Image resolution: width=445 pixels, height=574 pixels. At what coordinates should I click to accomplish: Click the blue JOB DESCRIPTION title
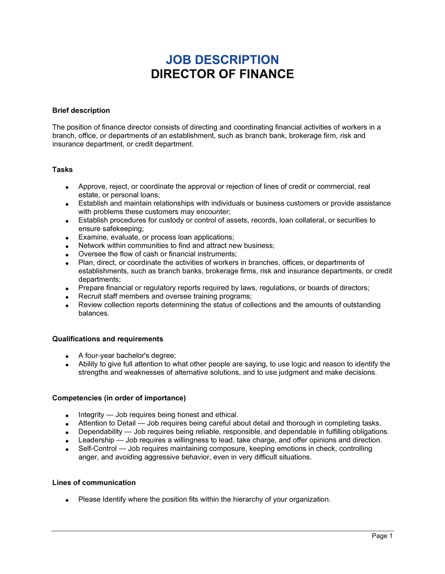pyautogui.click(x=222, y=60)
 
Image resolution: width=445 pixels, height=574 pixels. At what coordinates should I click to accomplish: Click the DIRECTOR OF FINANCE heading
pyautogui.click(x=222, y=74)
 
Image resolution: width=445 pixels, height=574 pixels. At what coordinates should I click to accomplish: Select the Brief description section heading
pyautogui.click(x=81, y=110)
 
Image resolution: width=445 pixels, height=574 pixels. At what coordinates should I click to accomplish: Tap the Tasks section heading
pyautogui.click(x=62, y=170)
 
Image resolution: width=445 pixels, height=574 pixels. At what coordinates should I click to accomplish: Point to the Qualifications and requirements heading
pyautogui.click(x=108, y=339)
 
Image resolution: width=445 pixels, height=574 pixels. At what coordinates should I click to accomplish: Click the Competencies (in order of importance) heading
pyautogui.click(x=119, y=398)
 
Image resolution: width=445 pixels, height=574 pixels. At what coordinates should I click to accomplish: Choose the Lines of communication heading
pyautogui.click(x=94, y=482)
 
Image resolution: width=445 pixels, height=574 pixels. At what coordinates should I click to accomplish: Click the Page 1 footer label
pyautogui.click(x=382, y=536)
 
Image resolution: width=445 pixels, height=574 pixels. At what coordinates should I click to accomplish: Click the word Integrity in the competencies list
pyautogui.click(x=91, y=415)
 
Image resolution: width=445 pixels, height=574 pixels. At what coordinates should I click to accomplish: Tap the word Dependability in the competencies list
pyautogui.click(x=100, y=432)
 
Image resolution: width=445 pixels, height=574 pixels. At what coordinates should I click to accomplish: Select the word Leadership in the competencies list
pyautogui.click(x=96, y=440)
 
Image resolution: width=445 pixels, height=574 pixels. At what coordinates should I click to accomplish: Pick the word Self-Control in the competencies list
pyautogui.click(x=97, y=449)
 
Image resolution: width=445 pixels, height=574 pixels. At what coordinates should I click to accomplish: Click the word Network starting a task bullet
pyautogui.click(x=92, y=246)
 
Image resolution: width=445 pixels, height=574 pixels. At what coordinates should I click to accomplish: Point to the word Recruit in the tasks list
pyautogui.click(x=91, y=296)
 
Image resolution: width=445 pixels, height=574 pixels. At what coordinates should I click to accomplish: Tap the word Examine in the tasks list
pyautogui.click(x=92, y=237)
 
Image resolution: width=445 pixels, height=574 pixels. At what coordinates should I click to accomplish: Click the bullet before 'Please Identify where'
pyautogui.click(x=67, y=500)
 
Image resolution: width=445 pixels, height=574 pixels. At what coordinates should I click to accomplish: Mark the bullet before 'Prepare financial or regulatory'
pyautogui.click(x=67, y=289)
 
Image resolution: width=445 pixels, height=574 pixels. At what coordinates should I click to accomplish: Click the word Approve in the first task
pyautogui.click(x=92, y=186)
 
